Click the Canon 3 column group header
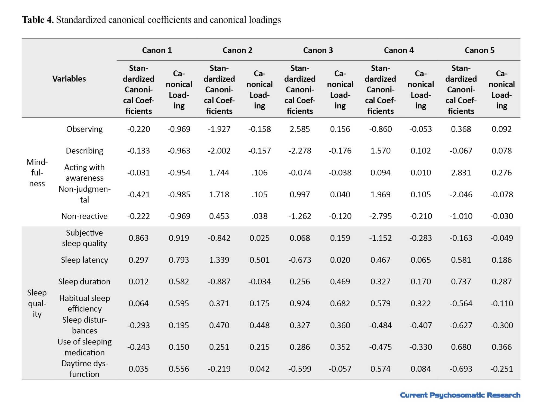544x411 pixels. click(x=318, y=50)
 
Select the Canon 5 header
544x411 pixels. click(x=480, y=50)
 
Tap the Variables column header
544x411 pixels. click(x=69, y=79)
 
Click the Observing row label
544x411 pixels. click(x=85, y=129)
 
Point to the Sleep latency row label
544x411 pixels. click(x=85, y=260)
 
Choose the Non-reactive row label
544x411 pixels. click(x=85, y=216)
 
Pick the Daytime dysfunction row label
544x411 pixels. click(x=85, y=369)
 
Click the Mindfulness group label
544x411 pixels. click(x=37, y=173)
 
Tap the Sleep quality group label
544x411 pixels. click(x=37, y=303)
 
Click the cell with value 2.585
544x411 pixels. click(x=300, y=129)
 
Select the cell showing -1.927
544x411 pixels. click(x=219, y=129)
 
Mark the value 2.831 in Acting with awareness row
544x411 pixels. click(x=461, y=173)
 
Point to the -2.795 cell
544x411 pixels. click(x=381, y=216)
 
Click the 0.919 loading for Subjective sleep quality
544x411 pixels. click(x=179, y=238)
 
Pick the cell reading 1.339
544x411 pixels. click(x=219, y=260)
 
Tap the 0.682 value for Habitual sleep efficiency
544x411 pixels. click(x=340, y=303)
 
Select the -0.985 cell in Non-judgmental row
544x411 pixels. click(x=179, y=194)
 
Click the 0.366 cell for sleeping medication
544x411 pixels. click(x=502, y=347)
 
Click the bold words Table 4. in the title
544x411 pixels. click(x=38, y=20)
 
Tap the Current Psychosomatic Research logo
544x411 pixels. click(x=460, y=395)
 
